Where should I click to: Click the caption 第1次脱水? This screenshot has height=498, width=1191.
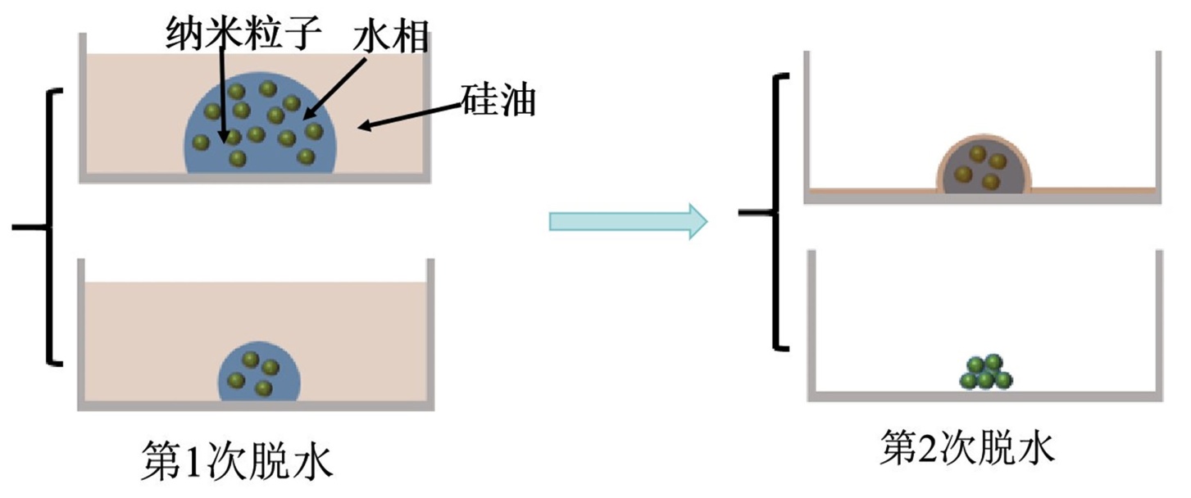tap(238, 462)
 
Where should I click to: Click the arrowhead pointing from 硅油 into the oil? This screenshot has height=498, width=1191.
tap(367, 125)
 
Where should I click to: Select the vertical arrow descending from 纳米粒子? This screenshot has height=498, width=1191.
tap(222, 90)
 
